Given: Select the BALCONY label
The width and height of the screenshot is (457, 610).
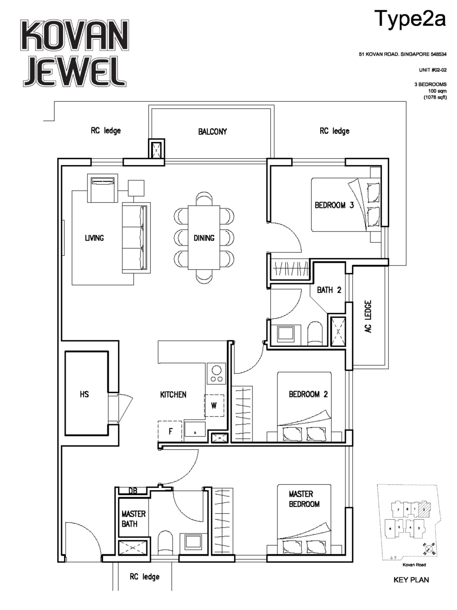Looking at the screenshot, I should tap(212, 132).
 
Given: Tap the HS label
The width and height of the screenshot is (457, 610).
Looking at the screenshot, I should tap(84, 394).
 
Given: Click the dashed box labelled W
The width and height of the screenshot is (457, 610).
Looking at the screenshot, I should tap(214, 405).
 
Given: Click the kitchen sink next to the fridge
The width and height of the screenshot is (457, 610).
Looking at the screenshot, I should tap(195, 429).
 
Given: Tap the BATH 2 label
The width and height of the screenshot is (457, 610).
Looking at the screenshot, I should tap(329, 290).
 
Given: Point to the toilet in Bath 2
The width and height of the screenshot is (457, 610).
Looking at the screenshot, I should tap(315, 333).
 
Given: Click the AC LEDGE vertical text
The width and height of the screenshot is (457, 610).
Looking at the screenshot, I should tap(368, 316).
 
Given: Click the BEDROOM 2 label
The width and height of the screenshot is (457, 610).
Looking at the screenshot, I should tap(308, 394).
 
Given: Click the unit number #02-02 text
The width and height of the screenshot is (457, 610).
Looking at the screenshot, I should tap(432, 70).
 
